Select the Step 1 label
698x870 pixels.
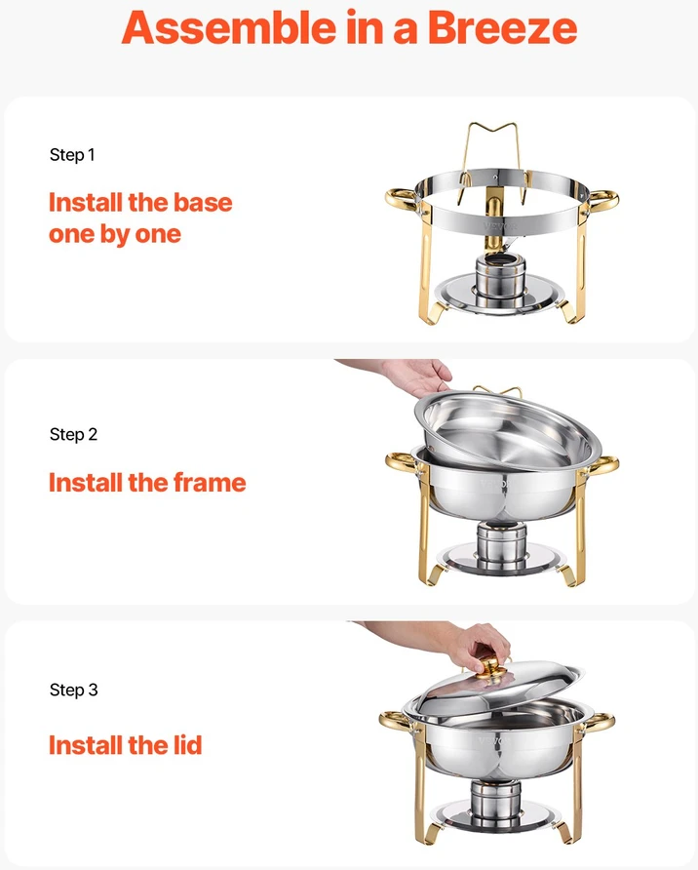pyautogui.click(x=72, y=155)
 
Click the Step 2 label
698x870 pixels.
pyautogui.click(x=73, y=434)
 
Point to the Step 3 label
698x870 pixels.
pyautogui.click(x=73, y=690)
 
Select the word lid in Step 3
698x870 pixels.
pyautogui.click(x=185, y=744)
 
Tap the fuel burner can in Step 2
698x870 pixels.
pyautogui.click(x=502, y=546)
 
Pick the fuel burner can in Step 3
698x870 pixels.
pyautogui.click(x=495, y=804)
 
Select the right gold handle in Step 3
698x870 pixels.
pyautogui.click(x=598, y=723)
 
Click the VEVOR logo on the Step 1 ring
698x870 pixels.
pyautogui.click(x=499, y=226)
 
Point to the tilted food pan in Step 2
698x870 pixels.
pyautogui.click(x=507, y=430)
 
